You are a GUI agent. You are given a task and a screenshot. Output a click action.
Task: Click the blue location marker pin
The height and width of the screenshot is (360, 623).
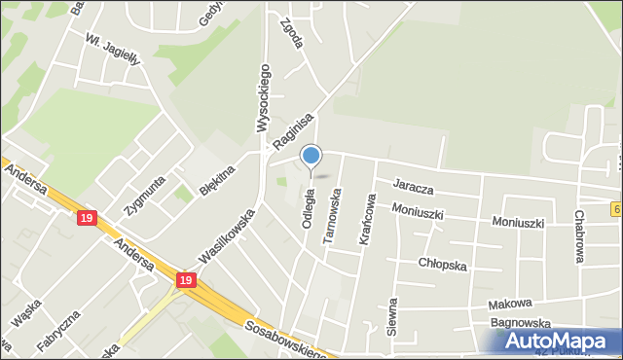(311, 156)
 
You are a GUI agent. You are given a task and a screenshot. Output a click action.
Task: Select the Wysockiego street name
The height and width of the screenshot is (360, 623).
(262, 97)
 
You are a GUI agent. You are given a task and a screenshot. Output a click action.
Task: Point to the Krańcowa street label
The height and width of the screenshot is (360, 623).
(369, 218)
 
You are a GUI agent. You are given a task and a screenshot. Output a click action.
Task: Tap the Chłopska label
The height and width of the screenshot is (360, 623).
(443, 264)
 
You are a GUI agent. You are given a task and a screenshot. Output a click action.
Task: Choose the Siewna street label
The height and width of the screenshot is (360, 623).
(393, 316)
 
